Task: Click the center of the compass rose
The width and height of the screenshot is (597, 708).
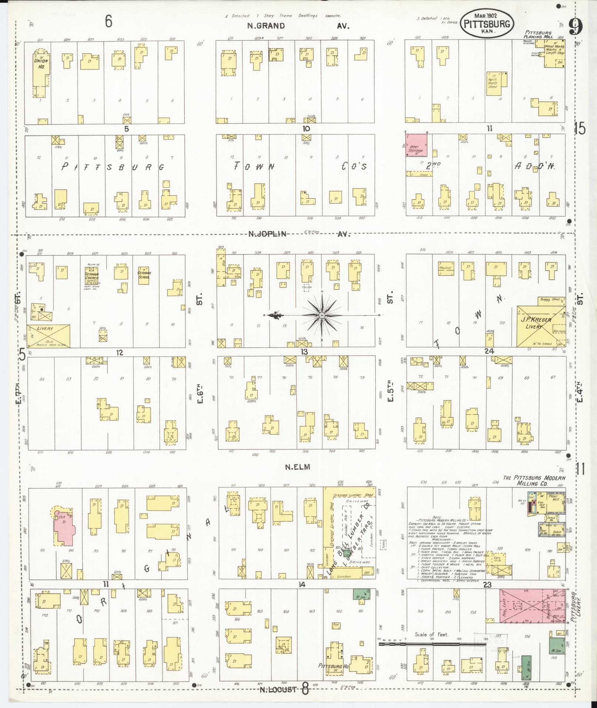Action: pos(322,315)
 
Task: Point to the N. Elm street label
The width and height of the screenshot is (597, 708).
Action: pos(297,467)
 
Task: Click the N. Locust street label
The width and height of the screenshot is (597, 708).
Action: pos(278,689)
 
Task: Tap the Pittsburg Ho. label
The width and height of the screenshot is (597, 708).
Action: pos(331,665)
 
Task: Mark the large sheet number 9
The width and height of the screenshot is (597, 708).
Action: pos(576,27)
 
